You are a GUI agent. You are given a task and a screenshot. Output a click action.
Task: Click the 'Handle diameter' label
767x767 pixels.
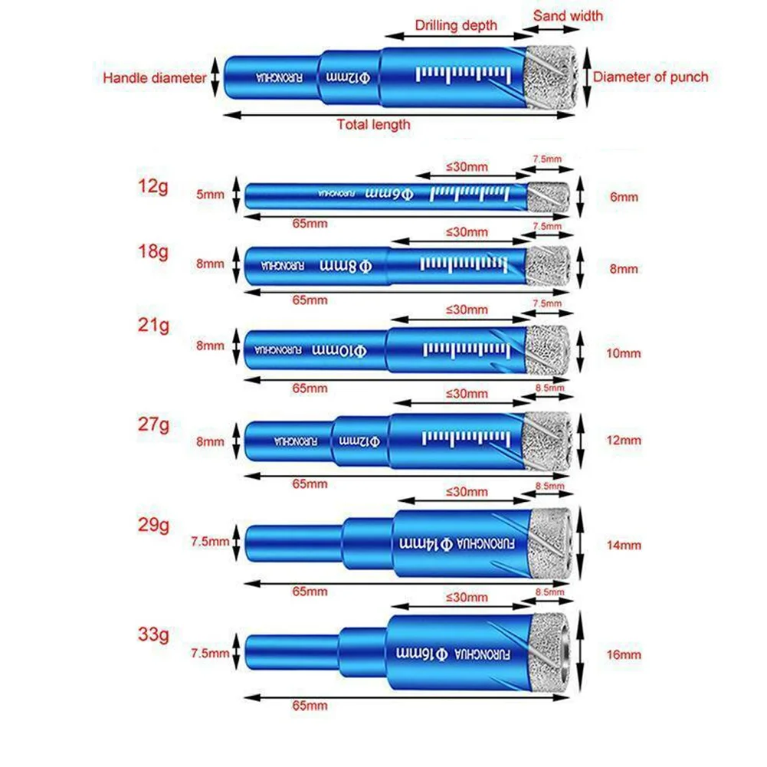154,77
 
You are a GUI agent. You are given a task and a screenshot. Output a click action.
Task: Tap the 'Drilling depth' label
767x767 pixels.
456,25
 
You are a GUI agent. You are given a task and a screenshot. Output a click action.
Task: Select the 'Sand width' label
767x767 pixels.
568,15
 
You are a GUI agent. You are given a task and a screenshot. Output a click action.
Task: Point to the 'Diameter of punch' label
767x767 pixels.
651,77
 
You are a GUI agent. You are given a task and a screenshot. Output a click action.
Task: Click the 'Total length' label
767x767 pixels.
375,124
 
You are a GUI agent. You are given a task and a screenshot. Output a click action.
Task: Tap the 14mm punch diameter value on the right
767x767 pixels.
622,546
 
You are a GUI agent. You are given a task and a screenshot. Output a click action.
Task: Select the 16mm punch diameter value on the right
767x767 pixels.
622,655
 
